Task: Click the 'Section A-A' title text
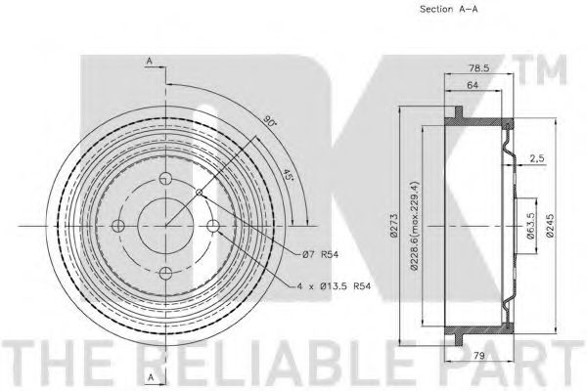[x=448, y=9]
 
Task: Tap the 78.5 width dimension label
[x=479, y=67]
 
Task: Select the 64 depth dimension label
[x=473, y=85]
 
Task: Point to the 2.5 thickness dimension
[x=537, y=158]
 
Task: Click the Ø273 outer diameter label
[x=393, y=226]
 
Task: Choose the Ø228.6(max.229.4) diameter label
[x=414, y=225]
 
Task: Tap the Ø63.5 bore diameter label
[x=530, y=225]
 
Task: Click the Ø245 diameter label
[x=549, y=225]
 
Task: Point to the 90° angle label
[x=268, y=120]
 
